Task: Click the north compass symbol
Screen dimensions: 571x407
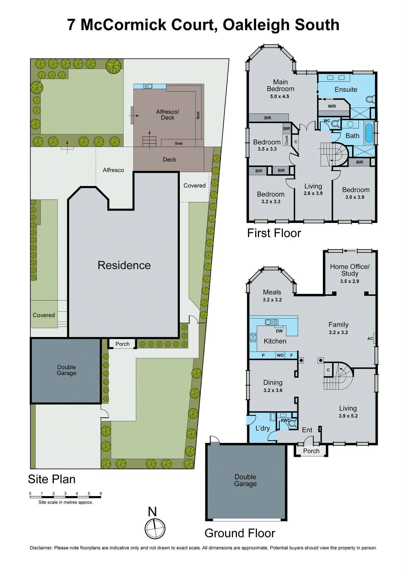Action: (x=155, y=529)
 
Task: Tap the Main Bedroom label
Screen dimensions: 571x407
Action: (x=280, y=86)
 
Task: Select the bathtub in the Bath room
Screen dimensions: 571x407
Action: (x=369, y=133)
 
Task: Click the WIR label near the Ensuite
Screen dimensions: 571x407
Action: (x=332, y=106)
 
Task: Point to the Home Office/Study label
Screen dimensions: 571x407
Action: (x=350, y=270)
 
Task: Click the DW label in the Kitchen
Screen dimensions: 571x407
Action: (x=279, y=331)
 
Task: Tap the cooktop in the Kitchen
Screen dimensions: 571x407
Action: (x=253, y=337)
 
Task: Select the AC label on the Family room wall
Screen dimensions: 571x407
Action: (x=370, y=339)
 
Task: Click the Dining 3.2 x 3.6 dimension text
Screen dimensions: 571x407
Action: (x=273, y=390)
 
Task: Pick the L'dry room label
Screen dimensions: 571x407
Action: (x=263, y=428)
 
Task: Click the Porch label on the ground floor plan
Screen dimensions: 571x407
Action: (x=311, y=451)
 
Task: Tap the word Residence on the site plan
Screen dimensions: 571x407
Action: (x=124, y=265)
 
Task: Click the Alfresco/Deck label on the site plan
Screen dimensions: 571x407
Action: (x=168, y=115)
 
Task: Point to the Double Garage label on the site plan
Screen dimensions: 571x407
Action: (x=66, y=370)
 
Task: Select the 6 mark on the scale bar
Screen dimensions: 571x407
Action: (x=101, y=494)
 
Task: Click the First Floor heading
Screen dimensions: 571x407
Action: (x=274, y=233)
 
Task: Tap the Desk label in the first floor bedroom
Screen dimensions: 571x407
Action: (x=286, y=140)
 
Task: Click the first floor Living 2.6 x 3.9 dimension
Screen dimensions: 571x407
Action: (x=313, y=193)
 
